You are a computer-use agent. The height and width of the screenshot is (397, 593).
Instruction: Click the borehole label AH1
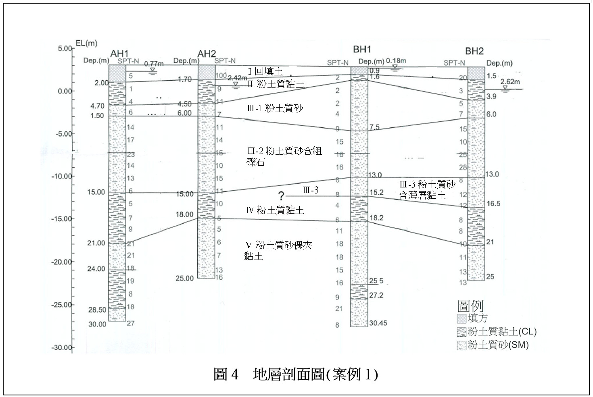click(x=119, y=53)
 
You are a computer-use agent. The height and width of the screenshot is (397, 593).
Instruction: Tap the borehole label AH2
click(x=207, y=54)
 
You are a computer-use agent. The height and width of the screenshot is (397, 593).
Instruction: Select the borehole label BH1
click(x=361, y=50)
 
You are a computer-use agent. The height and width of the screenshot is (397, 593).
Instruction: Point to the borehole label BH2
click(x=474, y=51)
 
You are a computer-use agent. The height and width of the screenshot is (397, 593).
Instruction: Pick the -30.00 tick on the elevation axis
click(x=62, y=348)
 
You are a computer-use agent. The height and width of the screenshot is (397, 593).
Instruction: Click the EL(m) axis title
click(x=86, y=43)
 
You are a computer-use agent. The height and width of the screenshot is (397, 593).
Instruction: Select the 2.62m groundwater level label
click(x=510, y=82)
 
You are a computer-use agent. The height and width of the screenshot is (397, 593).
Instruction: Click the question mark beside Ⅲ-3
click(x=281, y=196)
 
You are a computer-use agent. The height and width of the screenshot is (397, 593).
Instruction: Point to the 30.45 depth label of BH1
click(x=378, y=323)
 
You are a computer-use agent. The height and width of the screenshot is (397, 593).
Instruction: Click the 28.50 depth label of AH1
click(x=97, y=310)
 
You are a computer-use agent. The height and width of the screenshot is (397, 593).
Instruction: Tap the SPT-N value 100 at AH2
click(x=221, y=76)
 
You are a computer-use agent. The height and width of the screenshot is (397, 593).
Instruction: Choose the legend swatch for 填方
click(x=461, y=319)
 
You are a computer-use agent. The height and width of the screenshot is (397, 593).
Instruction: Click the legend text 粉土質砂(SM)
click(x=498, y=345)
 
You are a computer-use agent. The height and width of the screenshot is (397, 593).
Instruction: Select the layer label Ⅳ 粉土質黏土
click(x=275, y=210)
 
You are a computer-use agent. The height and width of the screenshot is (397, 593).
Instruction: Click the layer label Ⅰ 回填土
click(x=265, y=72)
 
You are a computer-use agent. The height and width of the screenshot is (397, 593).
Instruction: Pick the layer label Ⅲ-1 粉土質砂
click(x=275, y=108)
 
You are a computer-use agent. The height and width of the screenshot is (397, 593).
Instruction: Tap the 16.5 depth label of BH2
click(x=493, y=204)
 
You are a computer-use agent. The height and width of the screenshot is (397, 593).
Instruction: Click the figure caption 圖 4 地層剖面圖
click(x=296, y=375)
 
